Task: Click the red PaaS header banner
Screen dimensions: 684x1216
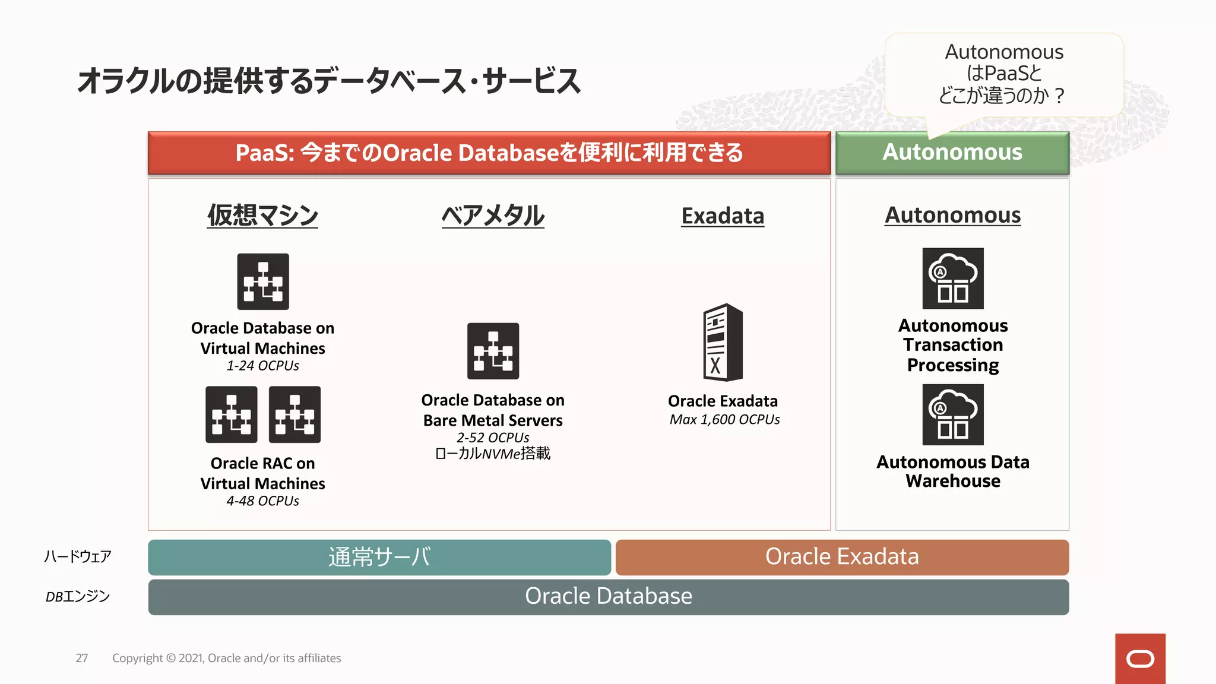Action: [x=489, y=153]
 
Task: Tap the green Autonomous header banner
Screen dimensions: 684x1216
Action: [x=952, y=153]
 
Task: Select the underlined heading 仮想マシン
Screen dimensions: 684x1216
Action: [x=262, y=215]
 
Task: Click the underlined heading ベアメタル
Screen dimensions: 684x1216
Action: [x=493, y=215]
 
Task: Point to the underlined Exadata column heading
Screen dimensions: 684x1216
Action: [x=723, y=216]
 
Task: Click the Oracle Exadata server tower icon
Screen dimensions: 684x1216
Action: [x=723, y=342]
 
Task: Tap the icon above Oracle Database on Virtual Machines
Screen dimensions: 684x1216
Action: [x=263, y=281]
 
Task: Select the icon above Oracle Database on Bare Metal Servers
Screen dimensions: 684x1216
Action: [x=493, y=351]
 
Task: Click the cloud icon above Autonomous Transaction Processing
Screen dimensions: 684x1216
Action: [x=952, y=278]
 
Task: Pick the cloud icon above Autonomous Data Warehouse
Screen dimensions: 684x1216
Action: [x=952, y=414]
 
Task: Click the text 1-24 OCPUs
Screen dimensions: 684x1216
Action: [x=262, y=366]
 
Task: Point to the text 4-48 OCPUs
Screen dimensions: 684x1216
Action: [x=262, y=501]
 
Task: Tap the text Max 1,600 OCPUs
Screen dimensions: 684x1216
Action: [x=724, y=420]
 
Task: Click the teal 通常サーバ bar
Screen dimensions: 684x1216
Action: [x=379, y=557]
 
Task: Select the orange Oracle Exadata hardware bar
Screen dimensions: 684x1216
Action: [x=842, y=557]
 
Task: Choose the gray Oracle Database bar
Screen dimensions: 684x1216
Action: [x=608, y=596]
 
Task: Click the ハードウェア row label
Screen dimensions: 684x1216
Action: [x=78, y=556]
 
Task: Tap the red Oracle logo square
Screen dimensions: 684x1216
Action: [x=1139, y=658]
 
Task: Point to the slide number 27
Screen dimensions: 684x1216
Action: [x=82, y=658]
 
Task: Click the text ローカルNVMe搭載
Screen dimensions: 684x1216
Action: [x=493, y=454]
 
